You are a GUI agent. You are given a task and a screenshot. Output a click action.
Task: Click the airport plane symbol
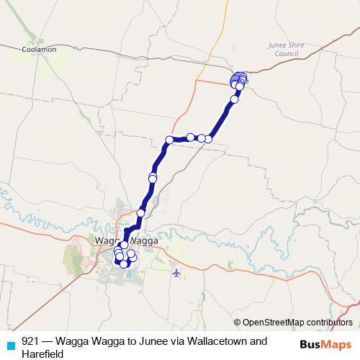pos(176,273)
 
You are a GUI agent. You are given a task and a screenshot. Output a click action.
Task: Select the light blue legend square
pos(10,344)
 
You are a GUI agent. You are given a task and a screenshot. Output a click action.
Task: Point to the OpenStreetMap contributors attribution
pos(293,323)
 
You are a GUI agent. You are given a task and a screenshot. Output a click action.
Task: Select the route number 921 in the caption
pos(31,341)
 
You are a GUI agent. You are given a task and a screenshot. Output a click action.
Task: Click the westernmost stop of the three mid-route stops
pos(170,140)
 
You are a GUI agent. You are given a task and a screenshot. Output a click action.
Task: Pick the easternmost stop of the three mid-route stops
pos(207,138)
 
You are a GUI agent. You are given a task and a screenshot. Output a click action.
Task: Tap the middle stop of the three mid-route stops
pos(191,137)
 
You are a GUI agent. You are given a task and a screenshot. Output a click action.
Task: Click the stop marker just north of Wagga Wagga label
pos(141,213)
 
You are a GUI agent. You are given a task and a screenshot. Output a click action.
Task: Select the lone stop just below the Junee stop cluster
pos(234,100)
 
